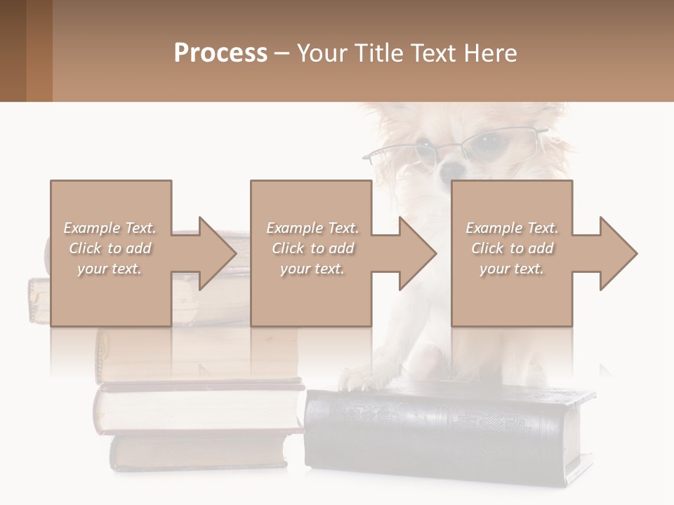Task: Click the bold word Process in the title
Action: pos(220,53)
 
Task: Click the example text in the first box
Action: pos(110,248)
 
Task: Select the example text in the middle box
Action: pos(312,248)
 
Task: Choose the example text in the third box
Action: pos(512,248)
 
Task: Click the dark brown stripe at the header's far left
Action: pos(13,50)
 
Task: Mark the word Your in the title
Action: pos(322,53)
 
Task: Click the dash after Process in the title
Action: pos(282,53)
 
